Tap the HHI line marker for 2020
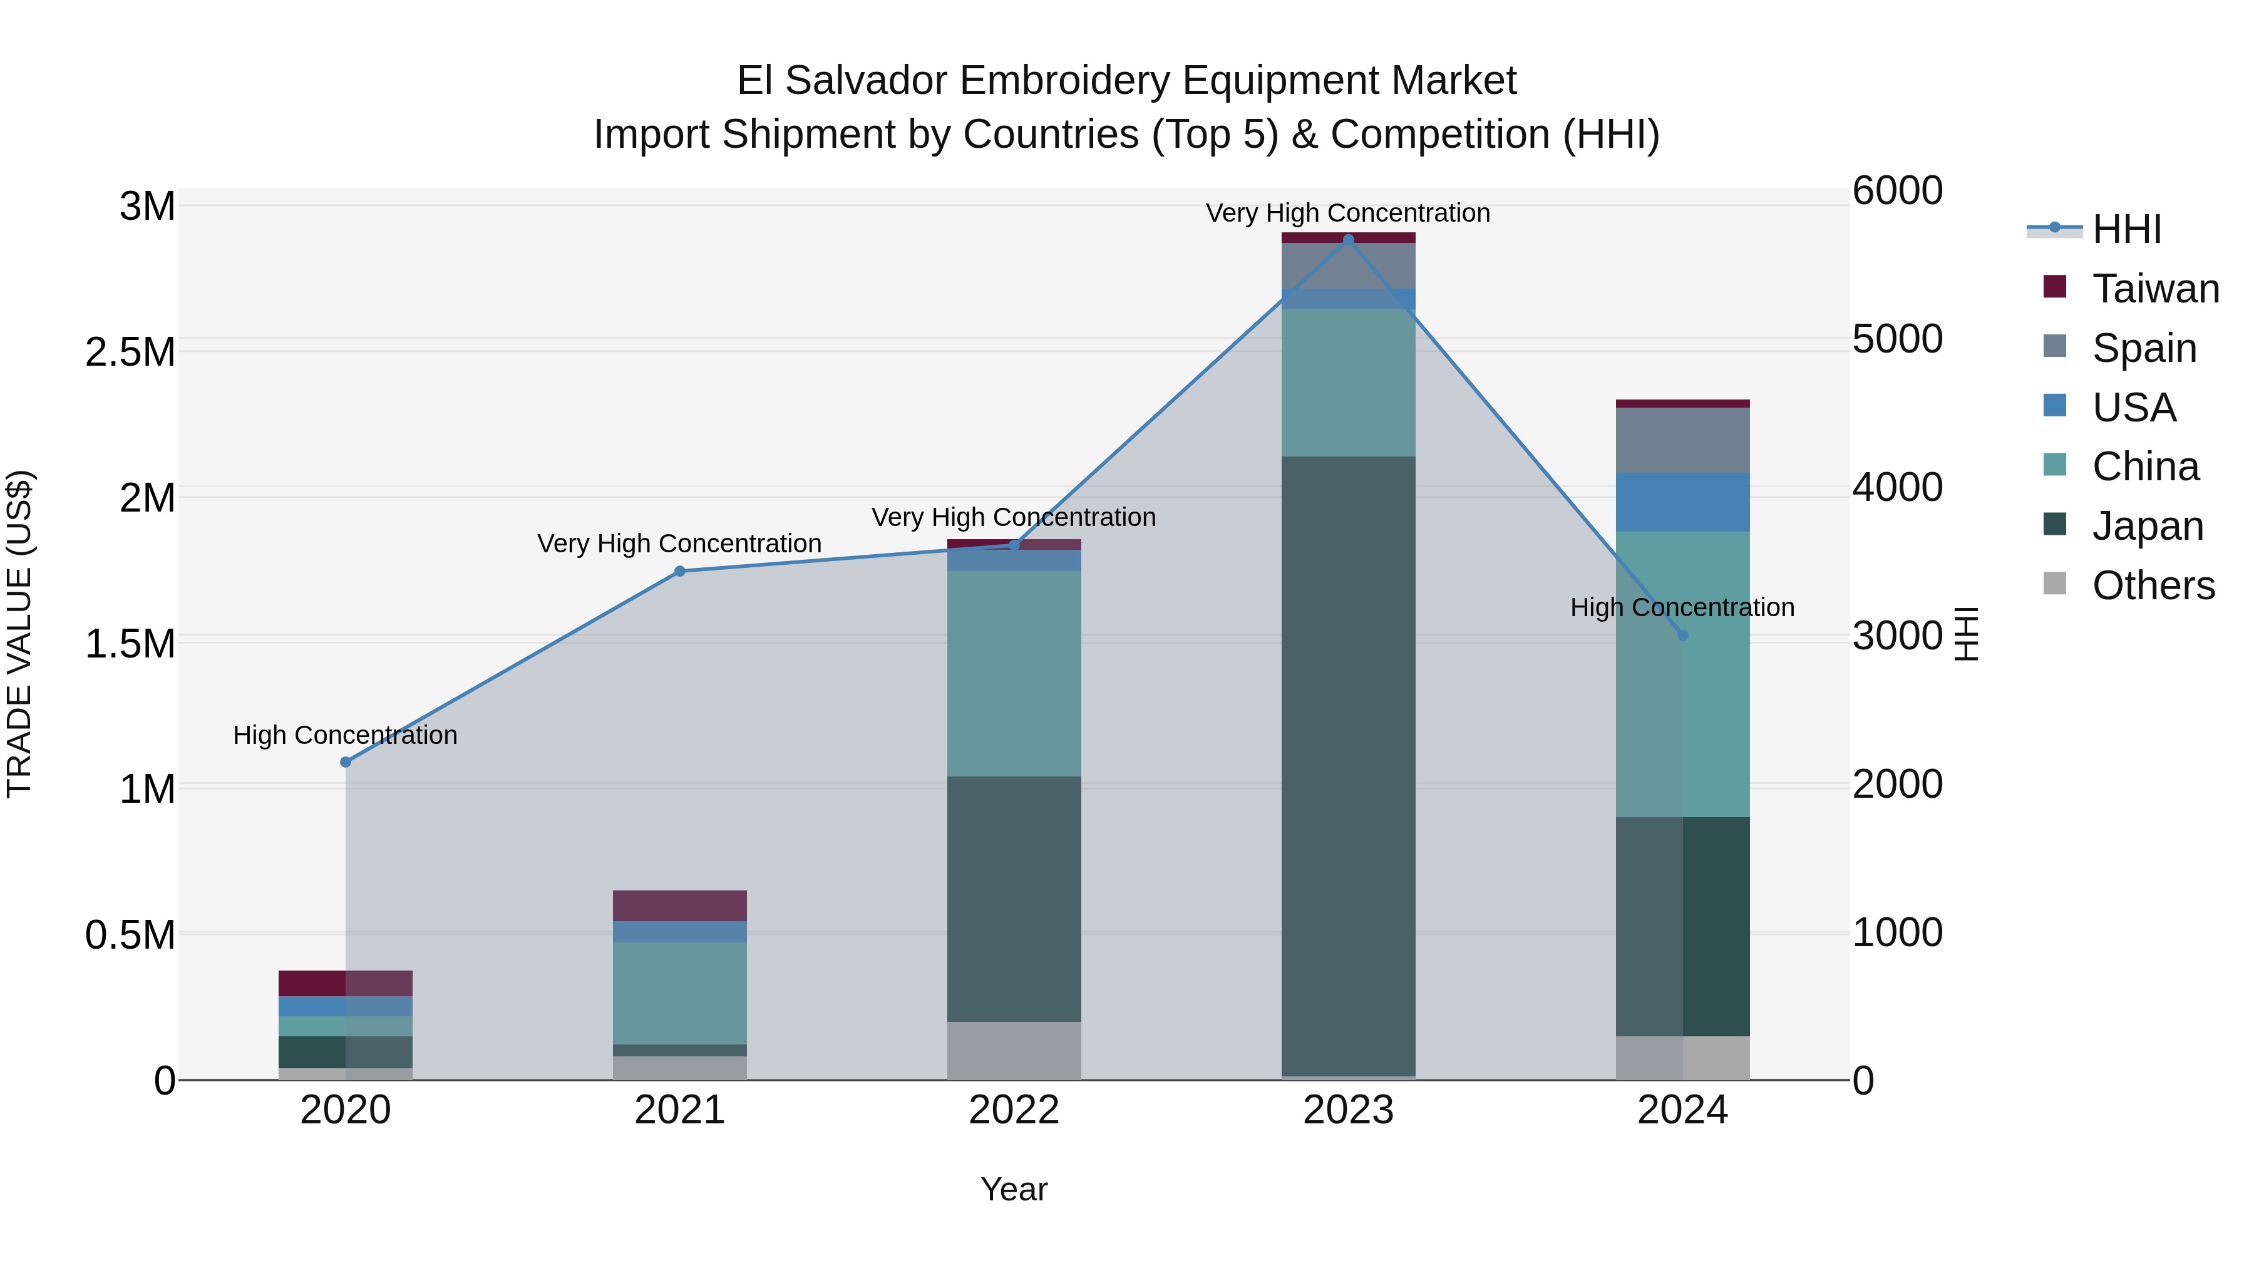pos(346,762)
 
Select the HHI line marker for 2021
pos(680,572)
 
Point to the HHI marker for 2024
pos(1682,636)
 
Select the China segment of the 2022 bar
pos(1014,673)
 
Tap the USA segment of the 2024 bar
pos(1682,502)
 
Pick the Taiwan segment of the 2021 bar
pos(680,905)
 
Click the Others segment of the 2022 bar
pos(1014,1050)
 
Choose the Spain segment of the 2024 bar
pos(1682,440)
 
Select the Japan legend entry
pos(2146,526)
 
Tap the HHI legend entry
pos(2126,229)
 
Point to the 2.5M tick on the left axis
pos(130,353)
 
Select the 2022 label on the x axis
pos(1014,1110)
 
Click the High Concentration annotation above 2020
pos(346,735)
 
